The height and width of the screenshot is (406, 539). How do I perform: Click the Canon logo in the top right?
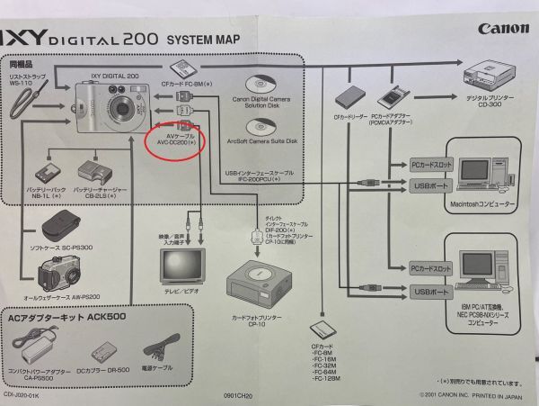[502, 29]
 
